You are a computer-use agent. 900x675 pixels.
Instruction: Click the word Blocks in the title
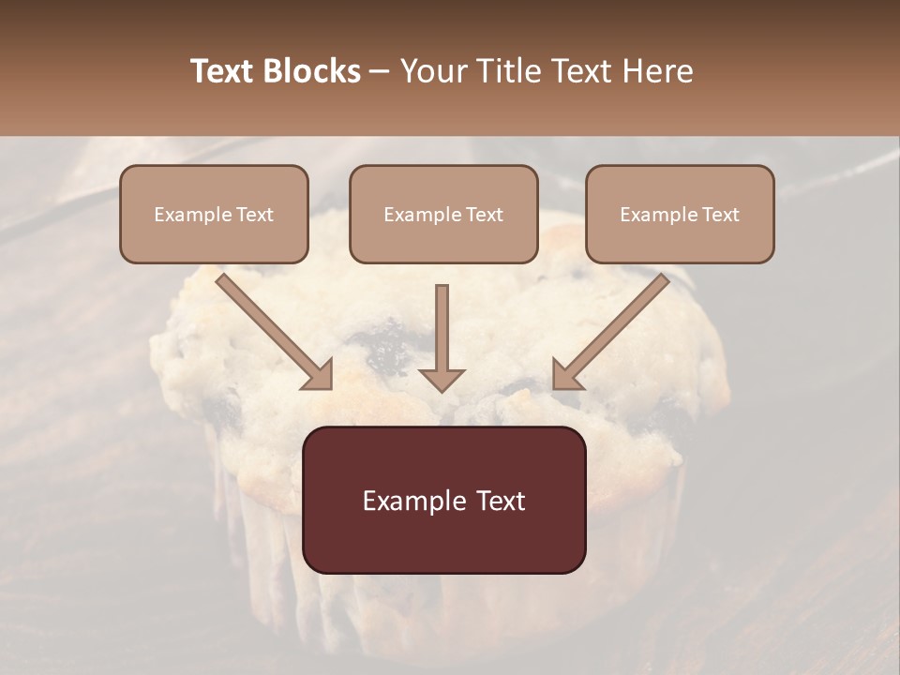(311, 71)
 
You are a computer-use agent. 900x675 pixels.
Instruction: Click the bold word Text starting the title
(222, 71)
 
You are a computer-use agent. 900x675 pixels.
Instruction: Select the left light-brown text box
(214, 214)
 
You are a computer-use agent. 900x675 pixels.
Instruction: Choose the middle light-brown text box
(443, 214)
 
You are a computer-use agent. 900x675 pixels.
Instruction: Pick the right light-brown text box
(680, 214)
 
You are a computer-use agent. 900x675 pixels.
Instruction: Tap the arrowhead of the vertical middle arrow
(442, 380)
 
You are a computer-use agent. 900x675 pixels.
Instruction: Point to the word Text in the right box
(720, 215)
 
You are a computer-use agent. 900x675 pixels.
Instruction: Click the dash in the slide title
(380, 71)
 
